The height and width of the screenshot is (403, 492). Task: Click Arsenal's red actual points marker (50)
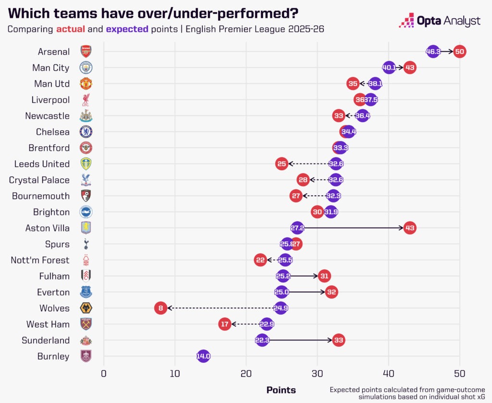(460, 51)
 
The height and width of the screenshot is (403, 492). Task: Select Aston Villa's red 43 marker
(410, 228)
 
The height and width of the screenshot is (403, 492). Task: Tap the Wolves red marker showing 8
(160, 308)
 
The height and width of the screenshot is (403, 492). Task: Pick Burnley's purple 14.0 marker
(203, 356)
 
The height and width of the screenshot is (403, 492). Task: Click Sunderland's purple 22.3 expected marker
(262, 340)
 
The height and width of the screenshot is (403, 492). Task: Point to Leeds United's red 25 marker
(282, 164)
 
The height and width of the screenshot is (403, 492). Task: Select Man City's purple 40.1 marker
(389, 68)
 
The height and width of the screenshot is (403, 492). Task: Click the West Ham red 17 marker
(224, 324)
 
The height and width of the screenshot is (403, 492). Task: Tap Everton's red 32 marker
(332, 292)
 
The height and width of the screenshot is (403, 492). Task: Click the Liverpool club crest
(86, 100)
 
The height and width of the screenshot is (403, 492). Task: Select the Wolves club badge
(86, 308)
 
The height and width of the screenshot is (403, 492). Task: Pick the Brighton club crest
(86, 212)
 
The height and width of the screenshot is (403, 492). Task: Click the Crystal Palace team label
(39, 180)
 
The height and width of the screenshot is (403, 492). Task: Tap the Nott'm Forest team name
(40, 260)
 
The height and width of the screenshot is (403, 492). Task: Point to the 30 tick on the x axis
(317, 374)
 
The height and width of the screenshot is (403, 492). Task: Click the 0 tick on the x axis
(104, 374)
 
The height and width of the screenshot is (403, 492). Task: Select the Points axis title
(281, 390)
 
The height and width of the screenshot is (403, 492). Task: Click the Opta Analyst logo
(439, 21)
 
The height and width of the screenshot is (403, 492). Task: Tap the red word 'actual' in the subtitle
(70, 29)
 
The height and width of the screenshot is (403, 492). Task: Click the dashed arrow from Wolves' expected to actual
(221, 308)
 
